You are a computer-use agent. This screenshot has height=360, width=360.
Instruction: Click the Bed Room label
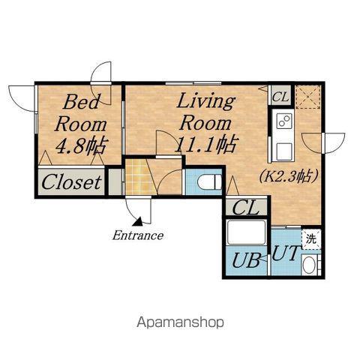coord(80,113)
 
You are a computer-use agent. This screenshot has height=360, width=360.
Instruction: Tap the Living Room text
coord(205,112)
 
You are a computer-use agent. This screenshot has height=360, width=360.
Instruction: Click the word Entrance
coord(138,235)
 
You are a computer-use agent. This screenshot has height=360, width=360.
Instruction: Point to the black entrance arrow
coord(138,221)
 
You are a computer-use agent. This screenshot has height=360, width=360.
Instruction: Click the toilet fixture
coord(209,181)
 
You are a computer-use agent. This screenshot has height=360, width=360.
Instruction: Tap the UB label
coord(246,260)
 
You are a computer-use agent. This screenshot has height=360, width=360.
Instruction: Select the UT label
coord(285,253)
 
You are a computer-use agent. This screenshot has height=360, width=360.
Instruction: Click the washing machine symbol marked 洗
coord(311,239)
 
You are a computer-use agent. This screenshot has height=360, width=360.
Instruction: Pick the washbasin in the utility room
coord(310,265)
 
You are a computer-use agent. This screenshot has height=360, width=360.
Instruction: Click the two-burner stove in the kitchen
coord(284,121)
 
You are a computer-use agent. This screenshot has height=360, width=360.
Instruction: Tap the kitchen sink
coord(284,151)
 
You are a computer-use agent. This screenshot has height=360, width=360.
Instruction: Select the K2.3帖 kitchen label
coord(289,176)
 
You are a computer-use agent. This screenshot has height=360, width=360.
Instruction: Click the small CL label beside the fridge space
coord(280,97)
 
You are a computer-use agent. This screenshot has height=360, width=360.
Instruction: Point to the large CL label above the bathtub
coord(245,207)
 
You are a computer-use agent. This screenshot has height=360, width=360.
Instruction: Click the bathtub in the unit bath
coord(246,232)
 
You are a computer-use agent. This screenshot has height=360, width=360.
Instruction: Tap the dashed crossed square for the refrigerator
coord(308,97)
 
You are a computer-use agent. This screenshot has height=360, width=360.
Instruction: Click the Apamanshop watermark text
coord(180,322)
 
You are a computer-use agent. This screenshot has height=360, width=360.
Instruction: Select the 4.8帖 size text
coord(82,146)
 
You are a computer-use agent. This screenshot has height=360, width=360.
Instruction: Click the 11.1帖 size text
coord(205,145)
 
